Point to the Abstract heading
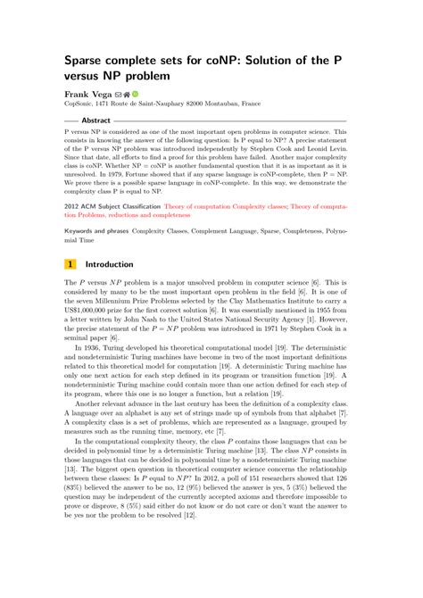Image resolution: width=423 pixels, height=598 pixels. tap(95, 119)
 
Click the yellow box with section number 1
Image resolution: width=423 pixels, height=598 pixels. tap(70, 264)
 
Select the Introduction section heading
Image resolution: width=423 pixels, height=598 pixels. tap(110, 264)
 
